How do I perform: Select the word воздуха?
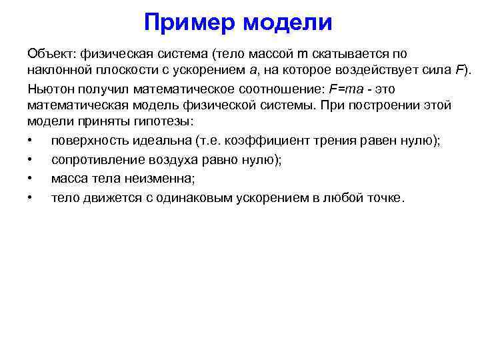[165, 160]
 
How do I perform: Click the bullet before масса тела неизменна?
[31, 179]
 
